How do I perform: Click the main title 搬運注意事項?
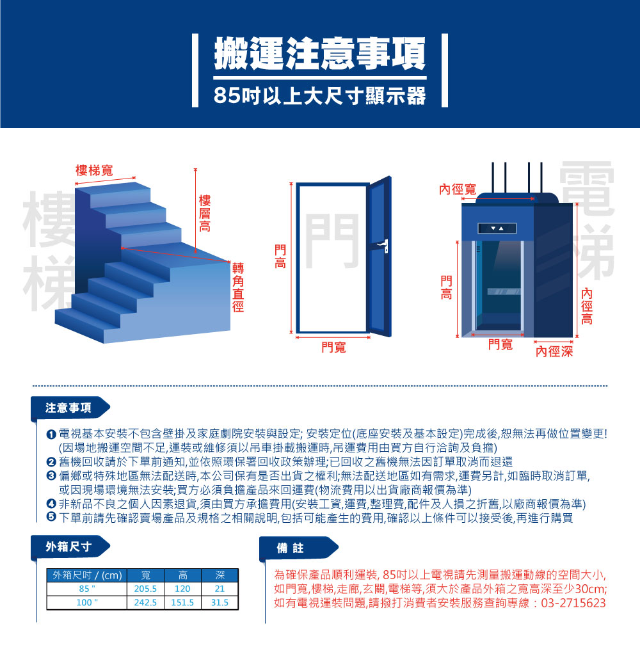pyautogui.click(x=319, y=53)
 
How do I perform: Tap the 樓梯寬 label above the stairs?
pyautogui.click(x=94, y=170)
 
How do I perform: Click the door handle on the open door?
pyautogui.click(x=383, y=245)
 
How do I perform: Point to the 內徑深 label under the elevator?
pyautogui.click(x=554, y=351)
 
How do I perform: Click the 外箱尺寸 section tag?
pyautogui.click(x=68, y=546)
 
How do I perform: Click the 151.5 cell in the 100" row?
pyautogui.click(x=182, y=603)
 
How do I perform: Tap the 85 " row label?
pyautogui.click(x=87, y=589)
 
